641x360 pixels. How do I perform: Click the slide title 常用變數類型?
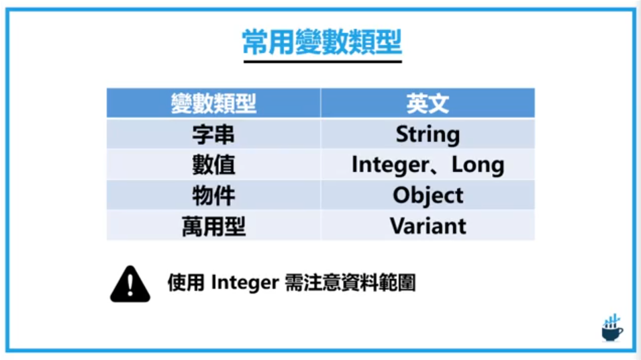point(322,42)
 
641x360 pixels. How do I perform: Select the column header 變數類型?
point(213,103)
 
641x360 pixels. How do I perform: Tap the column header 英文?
point(428,103)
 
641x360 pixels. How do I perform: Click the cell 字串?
point(213,134)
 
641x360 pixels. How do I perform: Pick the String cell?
point(428,134)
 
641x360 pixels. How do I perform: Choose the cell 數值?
point(213,165)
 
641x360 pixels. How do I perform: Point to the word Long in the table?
point(477,165)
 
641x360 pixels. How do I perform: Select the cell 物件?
point(213,195)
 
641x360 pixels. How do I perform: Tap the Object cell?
point(428,195)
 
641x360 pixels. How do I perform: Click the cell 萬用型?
point(213,226)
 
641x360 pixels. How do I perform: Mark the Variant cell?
point(428,226)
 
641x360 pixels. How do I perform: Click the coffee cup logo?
point(611,332)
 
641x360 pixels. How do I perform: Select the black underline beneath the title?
point(322,62)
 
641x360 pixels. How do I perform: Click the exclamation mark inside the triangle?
point(130,285)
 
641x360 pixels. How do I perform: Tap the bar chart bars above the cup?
point(611,320)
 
